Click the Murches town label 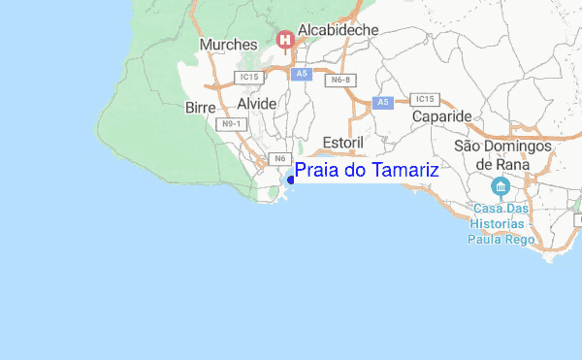(228, 45)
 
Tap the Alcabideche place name (339, 31)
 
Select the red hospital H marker (285, 40)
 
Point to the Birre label (199, 108)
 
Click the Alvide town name (256, 103)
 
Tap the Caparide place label (441, 116)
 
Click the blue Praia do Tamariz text (367, 171)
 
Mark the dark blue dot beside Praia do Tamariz (290, 179)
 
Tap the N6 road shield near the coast (279, 158)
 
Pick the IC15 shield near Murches (248, 76)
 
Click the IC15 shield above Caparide (425, 99)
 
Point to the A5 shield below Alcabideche (302, 73)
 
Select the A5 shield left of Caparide (383, 101)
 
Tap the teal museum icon (501, 186)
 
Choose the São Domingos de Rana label (502, 154)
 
